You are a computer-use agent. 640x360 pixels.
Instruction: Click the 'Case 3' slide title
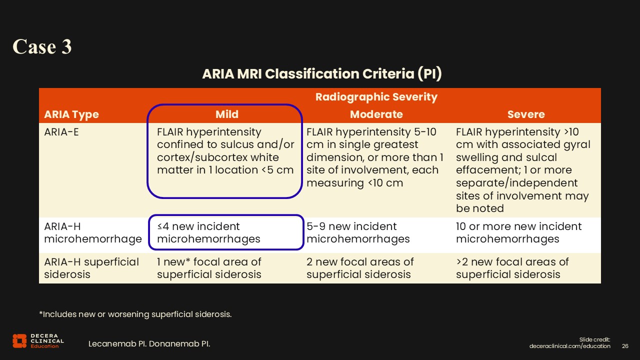coord(42,46)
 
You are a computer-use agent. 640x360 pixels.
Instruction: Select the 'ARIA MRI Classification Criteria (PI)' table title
coord(321,74)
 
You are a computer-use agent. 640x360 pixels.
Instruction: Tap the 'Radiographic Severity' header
coord(376,97)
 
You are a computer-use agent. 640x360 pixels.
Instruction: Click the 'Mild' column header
coord(226,114)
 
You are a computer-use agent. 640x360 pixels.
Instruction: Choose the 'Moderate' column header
coord(376,114)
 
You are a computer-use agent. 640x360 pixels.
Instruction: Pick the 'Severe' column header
coord(525,114)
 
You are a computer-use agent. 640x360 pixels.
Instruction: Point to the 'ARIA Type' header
coord(71,114)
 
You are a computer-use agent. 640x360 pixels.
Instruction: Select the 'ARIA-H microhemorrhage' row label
coord(93,232)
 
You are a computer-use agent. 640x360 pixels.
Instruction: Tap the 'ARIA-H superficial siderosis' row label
coord(91,268)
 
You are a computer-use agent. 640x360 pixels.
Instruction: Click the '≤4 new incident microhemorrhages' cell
coord(208,232)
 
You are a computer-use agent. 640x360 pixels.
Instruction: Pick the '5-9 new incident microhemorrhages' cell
coord(358,232)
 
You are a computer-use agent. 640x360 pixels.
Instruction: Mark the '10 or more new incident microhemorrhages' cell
coord(518,232)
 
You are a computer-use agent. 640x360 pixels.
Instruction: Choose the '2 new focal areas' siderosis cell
coord(360,268)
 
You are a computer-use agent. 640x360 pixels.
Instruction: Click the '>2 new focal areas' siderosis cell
coord(512,268)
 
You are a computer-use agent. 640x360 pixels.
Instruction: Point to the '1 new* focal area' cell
coord(209,268)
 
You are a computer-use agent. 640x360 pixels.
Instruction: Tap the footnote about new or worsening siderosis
coord(135,314)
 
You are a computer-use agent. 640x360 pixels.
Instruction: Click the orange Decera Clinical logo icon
coord(19,340)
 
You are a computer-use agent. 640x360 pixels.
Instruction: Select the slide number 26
coord(624,346)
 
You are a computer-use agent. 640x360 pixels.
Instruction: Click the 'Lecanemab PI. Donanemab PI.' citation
coord(149,344)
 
